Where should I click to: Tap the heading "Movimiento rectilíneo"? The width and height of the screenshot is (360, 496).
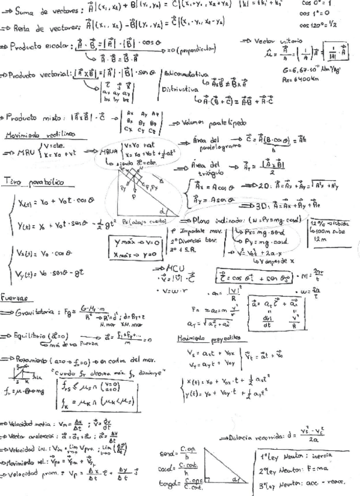click(33, 135)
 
